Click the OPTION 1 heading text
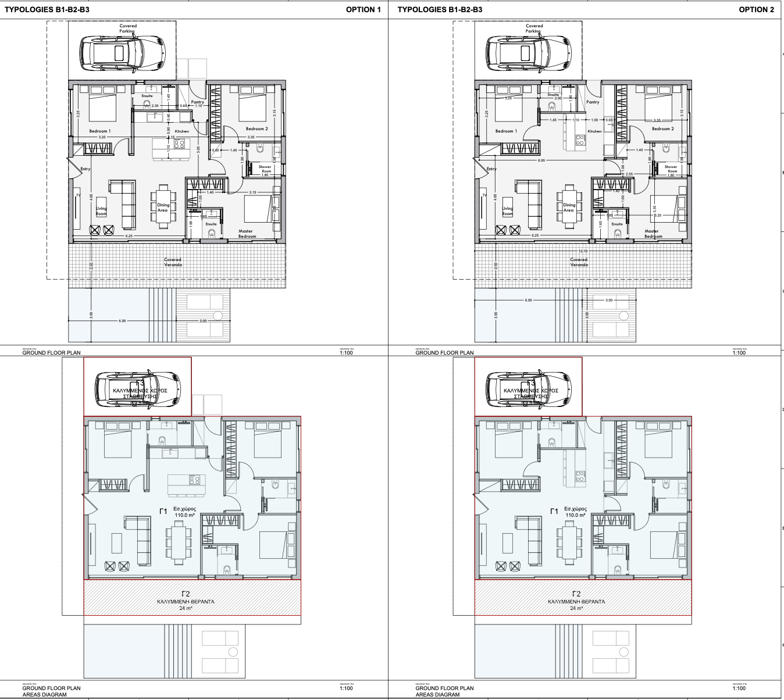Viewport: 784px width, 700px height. pos(363,9)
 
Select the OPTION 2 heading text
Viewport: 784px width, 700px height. pos(756,9)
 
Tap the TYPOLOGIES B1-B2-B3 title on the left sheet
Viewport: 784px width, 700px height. pos(47,9)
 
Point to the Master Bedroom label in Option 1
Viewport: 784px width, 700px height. pos(247,234)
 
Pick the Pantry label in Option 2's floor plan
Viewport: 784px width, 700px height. pos(593,102)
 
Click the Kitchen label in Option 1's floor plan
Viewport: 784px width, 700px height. pos(181,131)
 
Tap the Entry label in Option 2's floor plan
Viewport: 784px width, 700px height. pos(491,169)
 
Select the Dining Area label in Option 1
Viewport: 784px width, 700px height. pos(163,208)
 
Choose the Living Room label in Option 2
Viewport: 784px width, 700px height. pos(508,211)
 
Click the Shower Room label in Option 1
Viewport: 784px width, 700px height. pos(265,169)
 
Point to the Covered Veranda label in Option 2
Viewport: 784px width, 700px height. pos(579,262)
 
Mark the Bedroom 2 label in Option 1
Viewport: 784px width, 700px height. pos(256,128)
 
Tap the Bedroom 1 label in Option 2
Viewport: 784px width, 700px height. pos(505,131)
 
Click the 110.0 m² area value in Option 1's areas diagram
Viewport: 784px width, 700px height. pos(184,515)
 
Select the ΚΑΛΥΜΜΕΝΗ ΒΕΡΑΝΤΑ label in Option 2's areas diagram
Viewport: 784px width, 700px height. pos(576,602)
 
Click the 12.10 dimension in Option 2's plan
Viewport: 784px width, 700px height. pos(582,251)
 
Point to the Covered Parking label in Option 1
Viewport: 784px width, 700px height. pos(128,28)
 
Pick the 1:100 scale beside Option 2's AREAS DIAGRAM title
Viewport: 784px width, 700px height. pos(739,688)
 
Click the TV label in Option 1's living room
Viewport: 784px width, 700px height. pos(77,195)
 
